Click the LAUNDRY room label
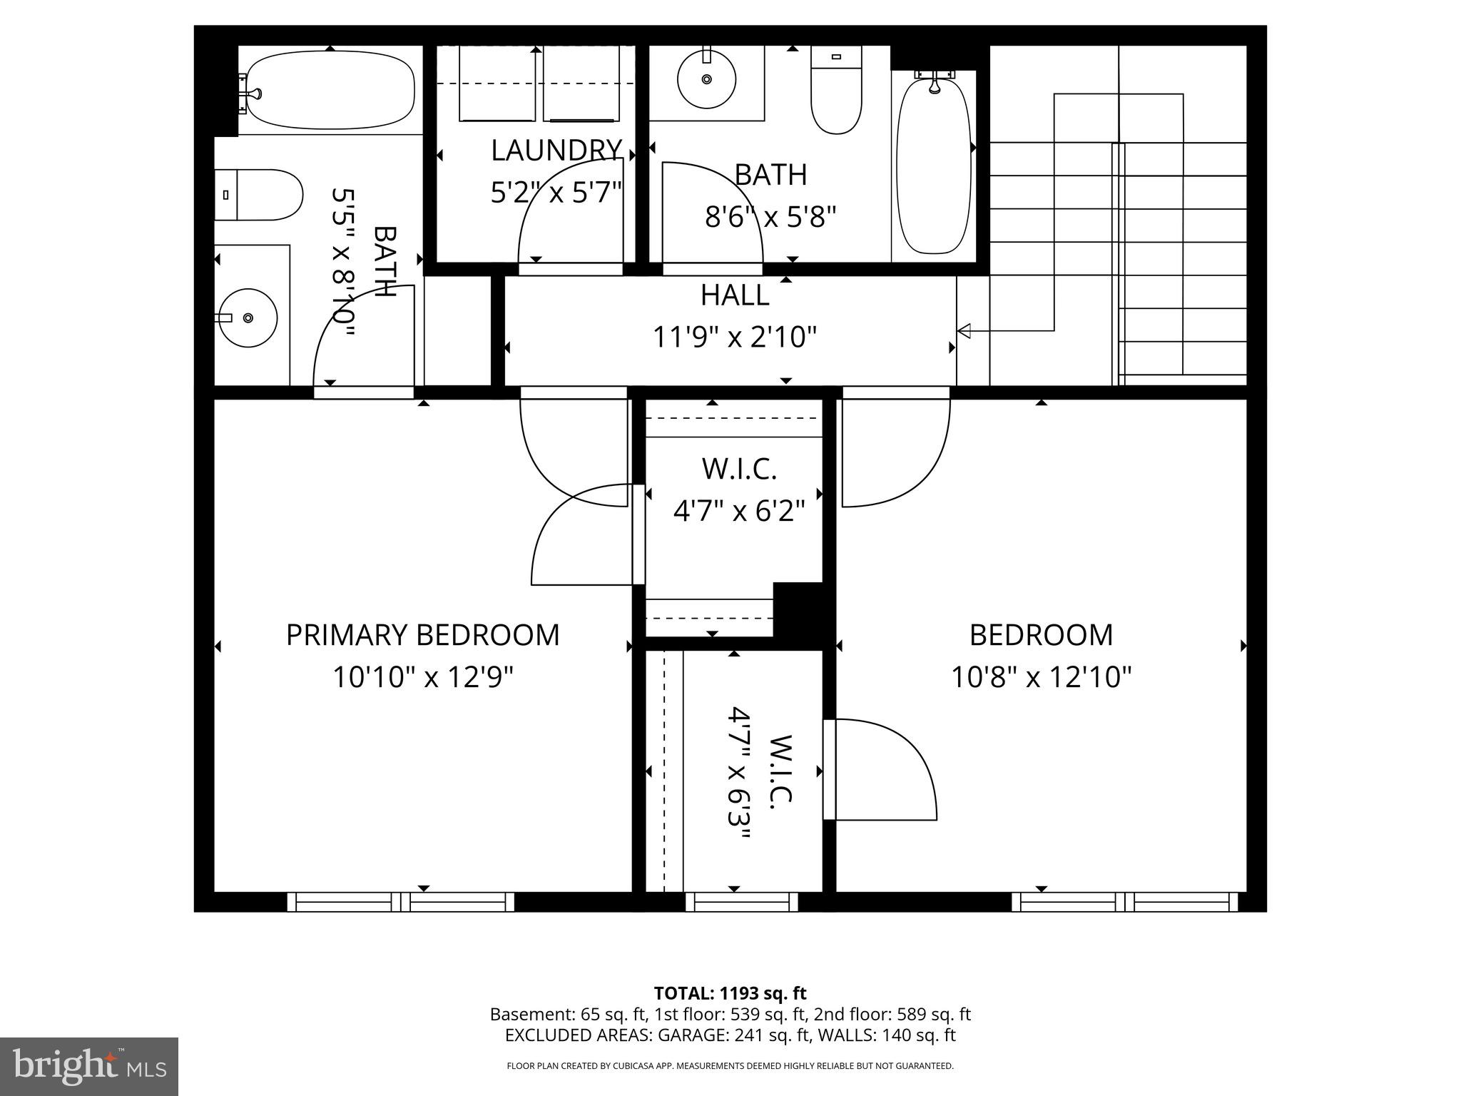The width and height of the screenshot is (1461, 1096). click(556, 151)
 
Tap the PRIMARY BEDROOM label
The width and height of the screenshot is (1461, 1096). click(422, 635)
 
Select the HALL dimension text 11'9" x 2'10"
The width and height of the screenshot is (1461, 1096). click(735, 337)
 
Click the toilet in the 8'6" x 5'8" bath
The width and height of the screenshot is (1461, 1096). click(836, 91)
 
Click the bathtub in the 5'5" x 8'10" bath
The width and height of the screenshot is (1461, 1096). click(328, 91)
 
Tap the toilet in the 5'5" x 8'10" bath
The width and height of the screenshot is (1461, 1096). click(258, 195)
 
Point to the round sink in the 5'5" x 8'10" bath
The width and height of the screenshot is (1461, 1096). click(247, 318)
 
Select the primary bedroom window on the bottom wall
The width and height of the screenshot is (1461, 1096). click(400, 902)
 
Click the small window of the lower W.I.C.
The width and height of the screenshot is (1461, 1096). click(742, 902)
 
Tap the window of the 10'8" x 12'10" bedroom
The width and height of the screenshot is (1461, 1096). click(1125, 902)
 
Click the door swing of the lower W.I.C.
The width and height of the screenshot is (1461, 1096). click(885, 771)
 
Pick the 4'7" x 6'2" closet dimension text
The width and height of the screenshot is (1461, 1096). click(739, 511)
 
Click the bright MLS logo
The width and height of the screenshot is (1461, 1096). click(89, 1067)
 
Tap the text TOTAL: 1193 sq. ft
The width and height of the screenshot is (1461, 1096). click(730, 993)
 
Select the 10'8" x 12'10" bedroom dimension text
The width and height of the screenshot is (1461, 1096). click(1041, 676)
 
